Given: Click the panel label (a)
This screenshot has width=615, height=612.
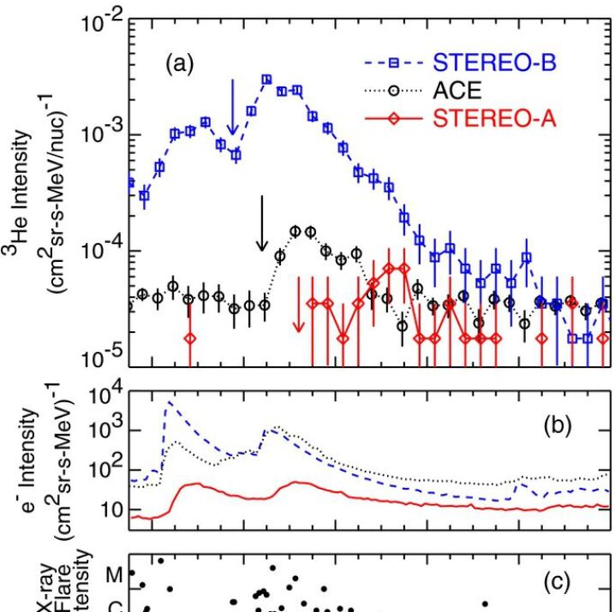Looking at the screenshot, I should pyautogui.click(x=181, y=62).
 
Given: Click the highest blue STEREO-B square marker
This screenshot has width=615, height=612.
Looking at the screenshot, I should pyautogui.click(x=266, y=79).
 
